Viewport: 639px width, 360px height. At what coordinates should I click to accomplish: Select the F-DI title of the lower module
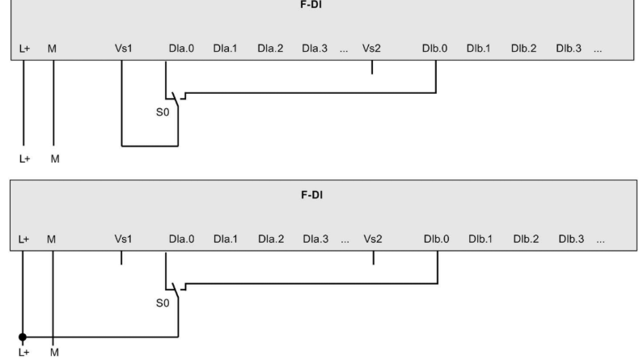pyautogui.click(x=311, y=195)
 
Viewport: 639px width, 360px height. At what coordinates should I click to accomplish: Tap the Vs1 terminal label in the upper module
pyautogui.click(x=124, y=49)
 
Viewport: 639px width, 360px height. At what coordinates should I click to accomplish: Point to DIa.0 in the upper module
pyautogui.click(x=180, y=49)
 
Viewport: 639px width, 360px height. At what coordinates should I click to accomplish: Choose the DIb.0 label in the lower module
pyautogui.click(x=436, y=239)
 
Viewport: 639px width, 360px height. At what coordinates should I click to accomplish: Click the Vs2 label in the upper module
pyautogui.click(x=371, y=49)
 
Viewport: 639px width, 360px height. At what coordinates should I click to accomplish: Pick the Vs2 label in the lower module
pyautogui.click(x=373, y=239)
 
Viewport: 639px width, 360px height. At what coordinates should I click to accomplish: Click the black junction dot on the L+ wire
pyautogui.click(x=23, y=337)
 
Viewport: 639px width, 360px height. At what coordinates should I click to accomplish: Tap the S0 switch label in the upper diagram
pyautogui.click(x=162, y=112)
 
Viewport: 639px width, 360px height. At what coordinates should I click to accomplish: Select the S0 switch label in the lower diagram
pyautogui.click(x=163, y=303)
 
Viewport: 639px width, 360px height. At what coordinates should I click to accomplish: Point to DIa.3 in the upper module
pyautogui.click(x=315, y=49)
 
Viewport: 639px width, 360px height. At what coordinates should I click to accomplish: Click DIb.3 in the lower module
pyautogui.click(x=570, y=239)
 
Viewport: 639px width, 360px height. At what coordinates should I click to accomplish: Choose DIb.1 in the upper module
pyautogui.click(x=479, y=49)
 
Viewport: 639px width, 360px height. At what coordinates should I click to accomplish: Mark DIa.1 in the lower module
pyautogui.click(x=226, y=239)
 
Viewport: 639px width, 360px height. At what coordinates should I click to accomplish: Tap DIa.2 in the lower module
pyautogui.click(x=271, y=239)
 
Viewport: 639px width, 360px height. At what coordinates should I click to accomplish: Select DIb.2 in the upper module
pyautogui.click(x=523, y=49)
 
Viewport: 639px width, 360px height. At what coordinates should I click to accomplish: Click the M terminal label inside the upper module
pyautogui.click(x=53, y=49)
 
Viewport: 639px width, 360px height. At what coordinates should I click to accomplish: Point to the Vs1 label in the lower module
pyautogui.click(x=123, y=239)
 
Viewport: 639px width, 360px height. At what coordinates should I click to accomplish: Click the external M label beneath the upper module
pyautogui.click(x=54, y=159)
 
